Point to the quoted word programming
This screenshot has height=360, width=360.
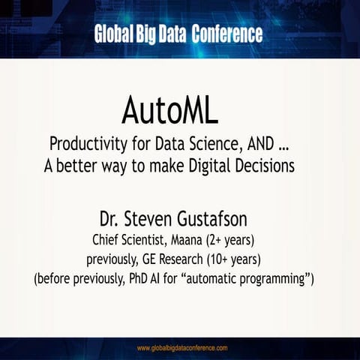(283, 280)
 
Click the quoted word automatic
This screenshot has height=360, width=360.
(226, 279)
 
